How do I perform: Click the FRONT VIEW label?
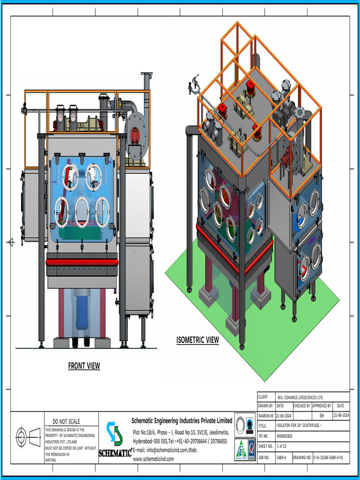[84, 366]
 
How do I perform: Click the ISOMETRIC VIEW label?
[197, 340]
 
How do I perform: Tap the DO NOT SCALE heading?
[66, 421]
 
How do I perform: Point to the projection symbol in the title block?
[28, 437]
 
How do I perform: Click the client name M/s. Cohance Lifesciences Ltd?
[300, 397]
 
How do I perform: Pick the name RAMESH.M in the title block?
[265, 415]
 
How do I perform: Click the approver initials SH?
[322, 415]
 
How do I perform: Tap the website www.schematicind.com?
[153, 459]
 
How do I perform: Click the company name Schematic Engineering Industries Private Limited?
[182, 420]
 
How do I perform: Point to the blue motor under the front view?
[82, 309]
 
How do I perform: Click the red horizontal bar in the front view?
[82, 262]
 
